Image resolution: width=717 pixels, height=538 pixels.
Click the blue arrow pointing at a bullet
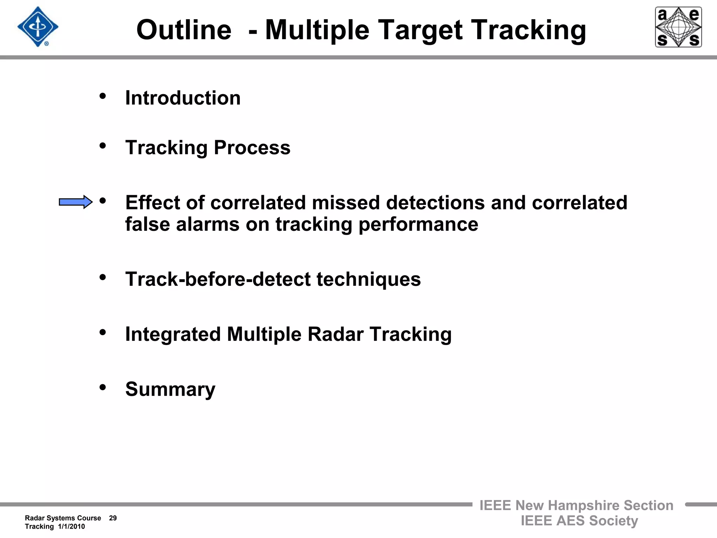[75, 202]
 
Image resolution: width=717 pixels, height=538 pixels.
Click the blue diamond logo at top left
[38, 27]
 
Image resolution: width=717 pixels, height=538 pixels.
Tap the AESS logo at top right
[678, 27]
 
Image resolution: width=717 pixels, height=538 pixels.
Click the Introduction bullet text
[183, 98]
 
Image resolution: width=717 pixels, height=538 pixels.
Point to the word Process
[252, 147]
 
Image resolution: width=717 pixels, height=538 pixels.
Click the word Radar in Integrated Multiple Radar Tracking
[335, 334]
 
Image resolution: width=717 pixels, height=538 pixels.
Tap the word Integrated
[173, 334]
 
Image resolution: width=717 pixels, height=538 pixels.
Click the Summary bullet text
[170, 389]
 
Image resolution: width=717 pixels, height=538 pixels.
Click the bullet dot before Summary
[103, 387]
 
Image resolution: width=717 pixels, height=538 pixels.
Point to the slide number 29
[113, 518]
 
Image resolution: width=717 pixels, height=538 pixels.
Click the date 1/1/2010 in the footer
[71, 526]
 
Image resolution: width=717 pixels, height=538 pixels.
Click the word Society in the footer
[613, 521]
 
